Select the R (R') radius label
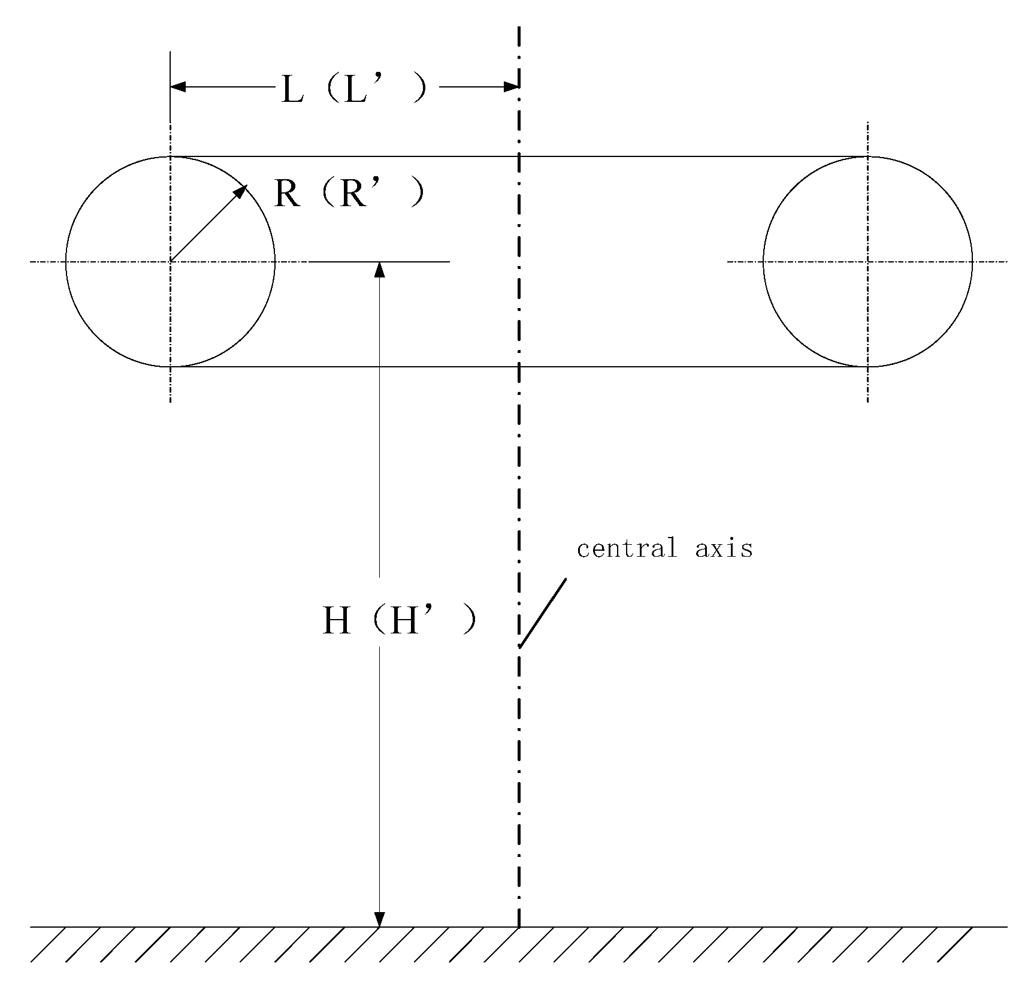coord(349,194)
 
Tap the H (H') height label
coord(400,621)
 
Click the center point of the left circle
coord(171,261)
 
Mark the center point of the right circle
coord(867,261)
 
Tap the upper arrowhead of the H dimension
coord(379,269)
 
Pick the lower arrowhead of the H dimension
coord(379,919)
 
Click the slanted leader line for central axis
coord(543,612)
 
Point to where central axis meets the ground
coord(519,927)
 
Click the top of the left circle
coord(171,156)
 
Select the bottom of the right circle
coord(867,366)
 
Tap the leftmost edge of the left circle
coord(66,261)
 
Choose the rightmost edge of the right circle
coord(972,261)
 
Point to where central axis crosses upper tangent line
coord(519,156)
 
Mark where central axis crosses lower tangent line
coord(519,366)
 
